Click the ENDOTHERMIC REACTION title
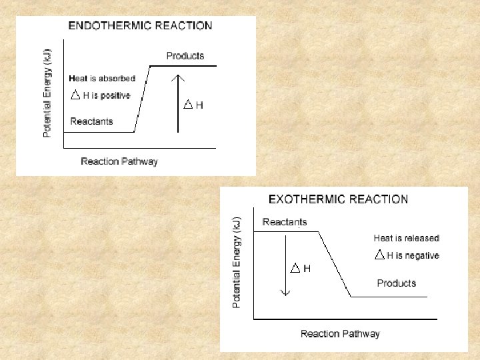[141, 26]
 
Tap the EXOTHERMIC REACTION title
[338, 199]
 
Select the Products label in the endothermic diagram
[185, 56]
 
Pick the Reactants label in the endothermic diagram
[91, 121]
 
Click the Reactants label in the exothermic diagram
[285, 222]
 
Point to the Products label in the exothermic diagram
[396, 283]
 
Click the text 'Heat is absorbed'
[102, 79]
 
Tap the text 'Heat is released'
[406, 238]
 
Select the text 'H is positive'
[106, 96]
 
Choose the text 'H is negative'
[413, 255]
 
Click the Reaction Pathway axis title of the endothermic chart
[119, 161]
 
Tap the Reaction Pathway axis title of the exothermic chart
[340, 333]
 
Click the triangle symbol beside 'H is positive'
[75, 95]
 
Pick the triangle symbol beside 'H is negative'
[379, 255]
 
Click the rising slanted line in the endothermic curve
[142, 99]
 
